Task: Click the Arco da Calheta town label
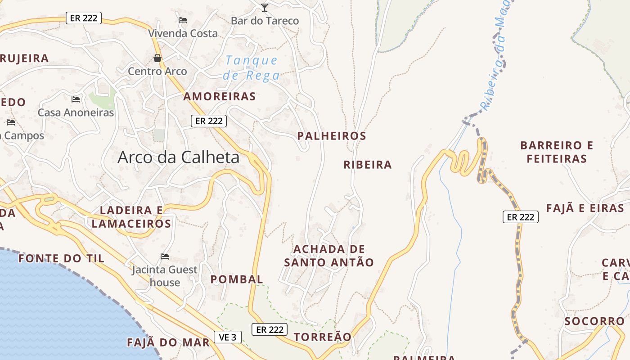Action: click(178, 157)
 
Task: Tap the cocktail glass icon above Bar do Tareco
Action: click(265, 7)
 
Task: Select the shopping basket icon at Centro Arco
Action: click(157, 58)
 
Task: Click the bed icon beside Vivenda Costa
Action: click(183, 20)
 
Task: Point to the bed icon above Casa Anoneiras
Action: click(76, 99)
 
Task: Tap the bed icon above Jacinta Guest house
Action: click(165, 256)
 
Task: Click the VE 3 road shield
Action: click(227, 337)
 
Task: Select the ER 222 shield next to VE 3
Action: click(270, 329)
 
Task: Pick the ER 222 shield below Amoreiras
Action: click(209, 121)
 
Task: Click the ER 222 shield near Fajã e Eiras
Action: click(520, 217)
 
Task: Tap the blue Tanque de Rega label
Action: click(252, 67)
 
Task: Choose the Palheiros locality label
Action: click(332, 136)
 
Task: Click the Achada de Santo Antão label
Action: click(329, 256)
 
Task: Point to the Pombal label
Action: click(237, 279)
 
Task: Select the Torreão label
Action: click(322, 337)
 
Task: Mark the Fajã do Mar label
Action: click(168, 342)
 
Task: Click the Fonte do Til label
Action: click(61, 258)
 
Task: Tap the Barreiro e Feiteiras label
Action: click(557, 152)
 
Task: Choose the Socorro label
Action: click(594, 321)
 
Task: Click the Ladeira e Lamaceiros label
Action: click(131, 217)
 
